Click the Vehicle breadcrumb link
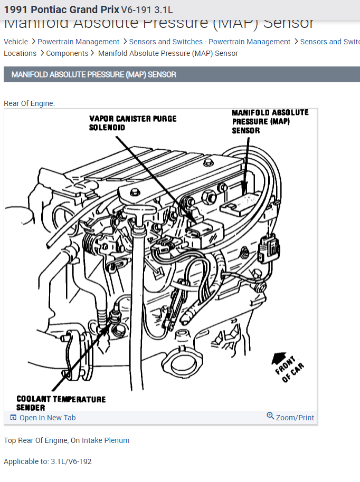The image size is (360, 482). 16,42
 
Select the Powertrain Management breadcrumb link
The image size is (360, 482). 78,42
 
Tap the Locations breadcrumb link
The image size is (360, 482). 20,53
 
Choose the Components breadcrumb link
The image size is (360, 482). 67,53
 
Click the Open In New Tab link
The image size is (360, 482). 47,418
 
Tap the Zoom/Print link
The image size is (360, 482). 295,418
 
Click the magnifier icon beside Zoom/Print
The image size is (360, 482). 270,416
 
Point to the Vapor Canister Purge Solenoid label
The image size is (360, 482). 132,123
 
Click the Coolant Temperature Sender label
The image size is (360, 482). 61,403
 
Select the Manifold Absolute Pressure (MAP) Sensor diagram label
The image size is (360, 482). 270,121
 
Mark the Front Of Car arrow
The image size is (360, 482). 278,359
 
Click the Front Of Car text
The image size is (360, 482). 291,370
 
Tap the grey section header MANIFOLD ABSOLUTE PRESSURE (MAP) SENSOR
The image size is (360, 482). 94,74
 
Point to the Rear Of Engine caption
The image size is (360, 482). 29,103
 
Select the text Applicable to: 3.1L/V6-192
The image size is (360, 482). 48,461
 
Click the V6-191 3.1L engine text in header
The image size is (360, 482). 147,10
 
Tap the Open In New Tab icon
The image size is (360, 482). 13,417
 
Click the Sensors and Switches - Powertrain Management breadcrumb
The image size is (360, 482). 210,42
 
